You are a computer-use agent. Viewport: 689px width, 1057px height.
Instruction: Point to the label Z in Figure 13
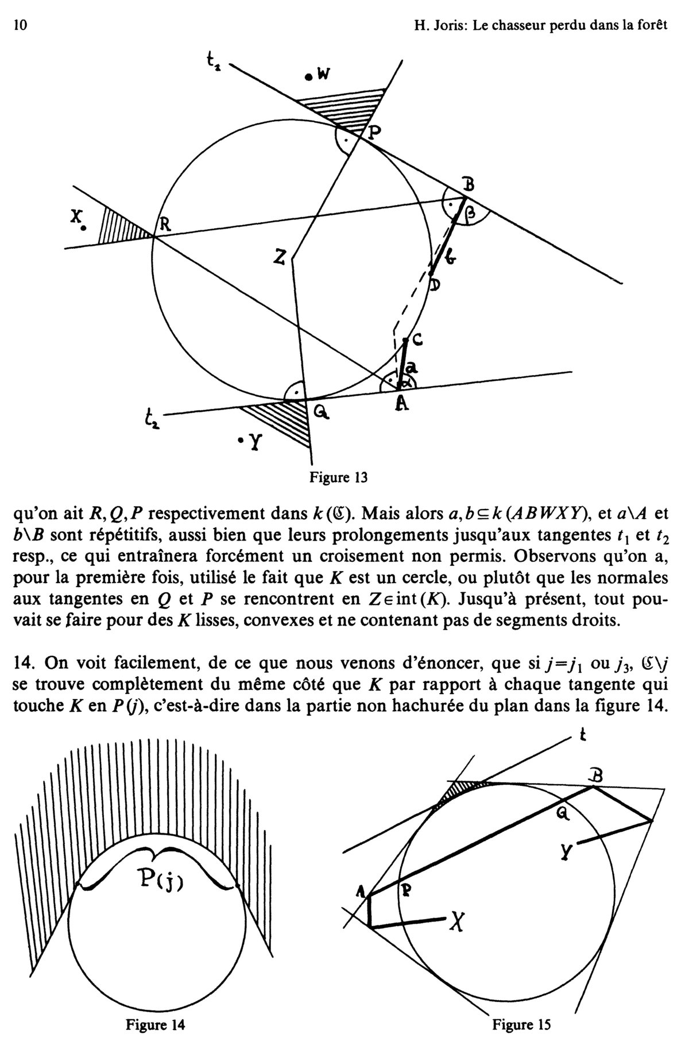point(280,259)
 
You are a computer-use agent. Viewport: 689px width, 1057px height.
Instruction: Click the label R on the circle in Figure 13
point(165,225)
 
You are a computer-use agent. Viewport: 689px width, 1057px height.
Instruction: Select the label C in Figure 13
point(417,340)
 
